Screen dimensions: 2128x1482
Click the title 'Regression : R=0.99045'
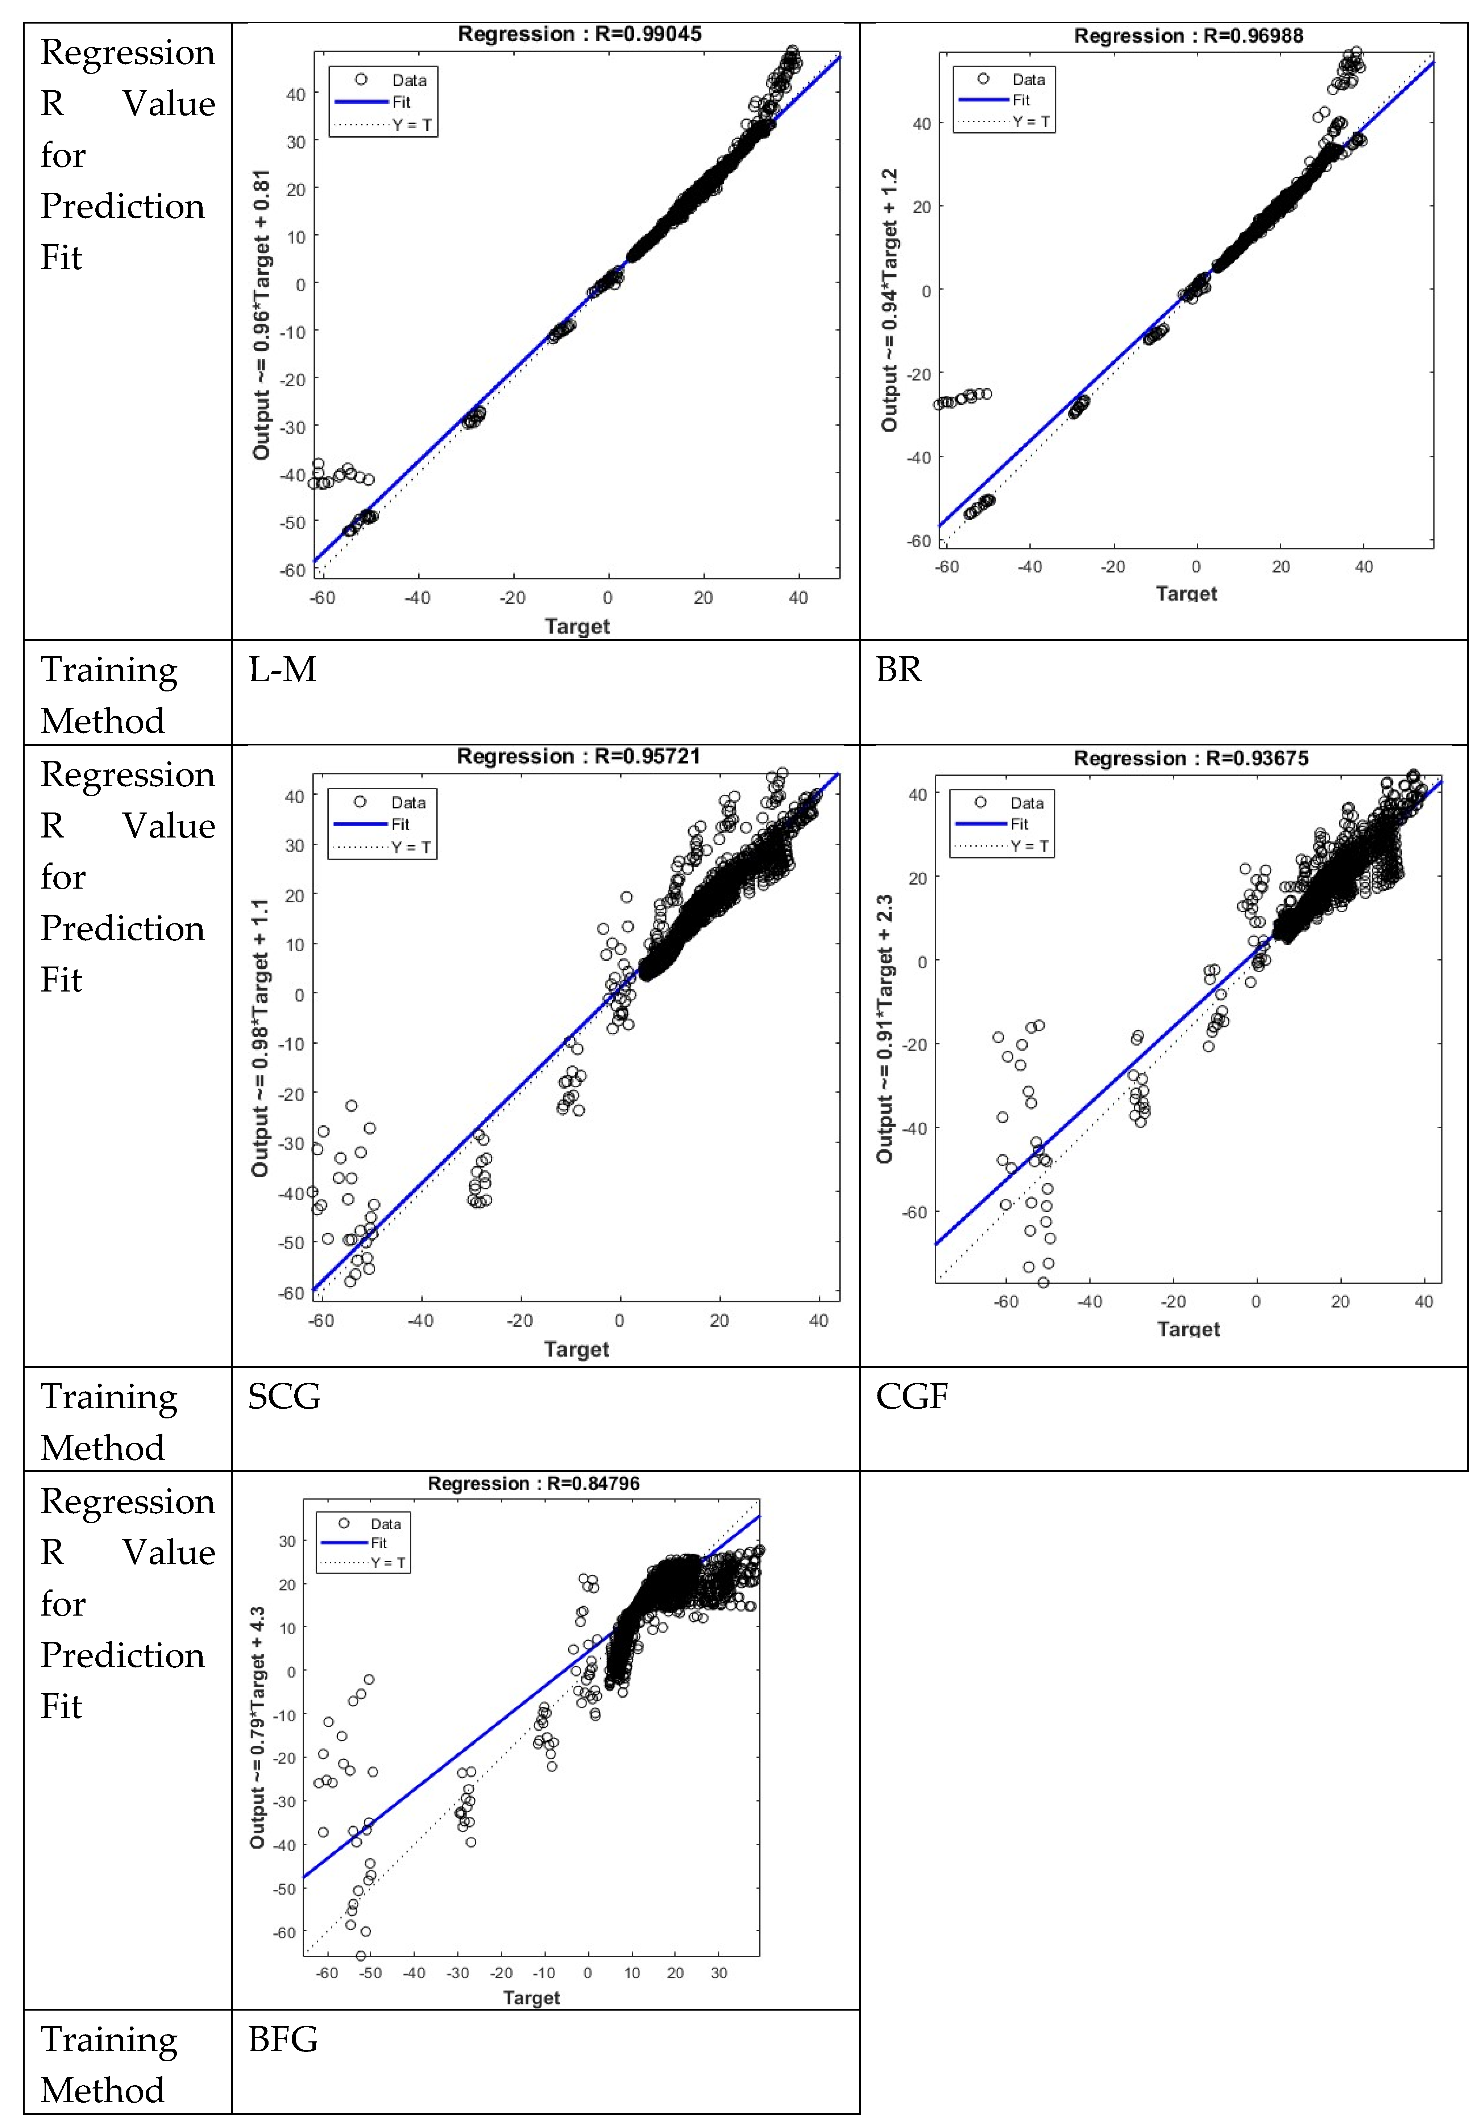tap(579, 34)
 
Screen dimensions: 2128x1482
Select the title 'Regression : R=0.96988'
tap(1188, 36)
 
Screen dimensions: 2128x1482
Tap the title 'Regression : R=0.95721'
tap(578, 756)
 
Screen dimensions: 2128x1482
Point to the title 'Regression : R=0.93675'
tap(1191, 758)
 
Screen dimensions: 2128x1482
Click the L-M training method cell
tap(283, 669)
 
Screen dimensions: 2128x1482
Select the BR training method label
tap(898, 669)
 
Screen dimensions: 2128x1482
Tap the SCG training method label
tap(284, 1396)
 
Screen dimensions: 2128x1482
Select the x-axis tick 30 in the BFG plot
tap(719, 1973)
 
